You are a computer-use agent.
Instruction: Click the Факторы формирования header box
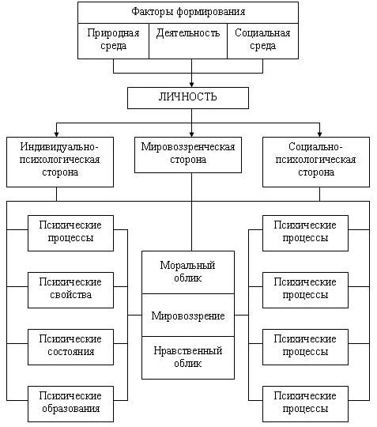pos(188,13)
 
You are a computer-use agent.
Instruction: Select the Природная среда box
pos(113,41)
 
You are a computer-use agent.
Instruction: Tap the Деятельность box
pos(188,41)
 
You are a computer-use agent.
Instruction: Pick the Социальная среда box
pos(262,41)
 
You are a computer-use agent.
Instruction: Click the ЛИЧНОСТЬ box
pos(188,98)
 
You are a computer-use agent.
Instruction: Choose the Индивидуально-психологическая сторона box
pos(60,162)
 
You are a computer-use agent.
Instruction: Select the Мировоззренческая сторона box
pos(188,155)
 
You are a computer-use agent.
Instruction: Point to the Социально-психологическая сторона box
pos(316,162)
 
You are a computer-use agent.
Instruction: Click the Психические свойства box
pos(70,290)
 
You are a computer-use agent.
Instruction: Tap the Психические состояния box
pos(70,347)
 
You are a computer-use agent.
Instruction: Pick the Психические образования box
pos(70,404)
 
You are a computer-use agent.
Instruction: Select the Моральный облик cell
pos(188,272)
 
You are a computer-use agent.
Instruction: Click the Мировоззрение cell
pos(188,315)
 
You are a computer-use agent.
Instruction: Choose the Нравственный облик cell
pos(188,358)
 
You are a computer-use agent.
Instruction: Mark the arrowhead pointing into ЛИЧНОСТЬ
pos(191,85)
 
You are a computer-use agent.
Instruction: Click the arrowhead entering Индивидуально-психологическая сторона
pos(56,134)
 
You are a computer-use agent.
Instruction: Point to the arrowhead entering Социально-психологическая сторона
pos(319,134)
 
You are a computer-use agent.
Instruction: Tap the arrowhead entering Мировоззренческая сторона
pos(191,134)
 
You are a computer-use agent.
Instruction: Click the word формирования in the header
pos(211,12)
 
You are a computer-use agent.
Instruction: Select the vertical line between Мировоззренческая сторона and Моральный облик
pos(191,212)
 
